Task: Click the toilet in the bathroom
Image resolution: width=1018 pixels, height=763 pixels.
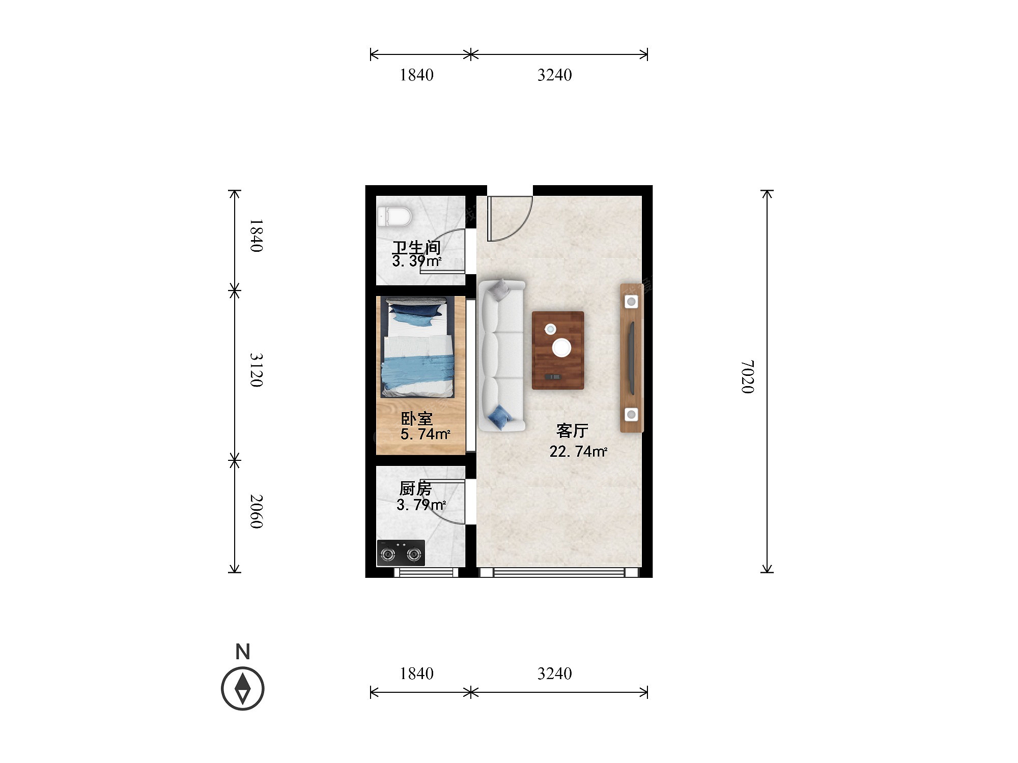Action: pos(394,216)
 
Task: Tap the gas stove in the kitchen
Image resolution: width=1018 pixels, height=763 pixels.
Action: pos(401,553)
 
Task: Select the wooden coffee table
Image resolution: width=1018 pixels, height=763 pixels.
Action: pos(558,350)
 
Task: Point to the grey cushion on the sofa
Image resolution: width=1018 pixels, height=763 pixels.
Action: pos(499,288)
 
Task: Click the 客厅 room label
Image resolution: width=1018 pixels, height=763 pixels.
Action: pos(572,431)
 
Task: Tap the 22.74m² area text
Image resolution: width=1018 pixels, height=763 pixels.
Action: pos(578,451)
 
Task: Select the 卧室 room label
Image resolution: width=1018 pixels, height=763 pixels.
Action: pos(417,419)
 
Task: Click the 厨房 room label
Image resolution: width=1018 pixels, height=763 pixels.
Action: pos(415,488)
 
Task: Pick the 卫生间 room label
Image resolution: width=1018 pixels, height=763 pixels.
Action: pos(416,247)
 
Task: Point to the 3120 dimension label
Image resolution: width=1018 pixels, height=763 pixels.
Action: pos(257,370)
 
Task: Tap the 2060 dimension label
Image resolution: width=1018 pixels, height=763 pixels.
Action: pos(257,511)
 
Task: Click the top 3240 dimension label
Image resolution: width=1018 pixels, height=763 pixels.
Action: pos(555,75)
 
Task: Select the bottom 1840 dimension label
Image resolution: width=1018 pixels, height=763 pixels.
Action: pos(416,673)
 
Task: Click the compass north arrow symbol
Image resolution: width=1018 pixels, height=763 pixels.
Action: pos(243,689)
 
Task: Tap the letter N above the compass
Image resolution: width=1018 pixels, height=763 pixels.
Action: pos(243,652)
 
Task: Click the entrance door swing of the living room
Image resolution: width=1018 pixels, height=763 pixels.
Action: pos(510,218)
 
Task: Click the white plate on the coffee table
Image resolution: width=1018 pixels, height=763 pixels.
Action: pos(562,347)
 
